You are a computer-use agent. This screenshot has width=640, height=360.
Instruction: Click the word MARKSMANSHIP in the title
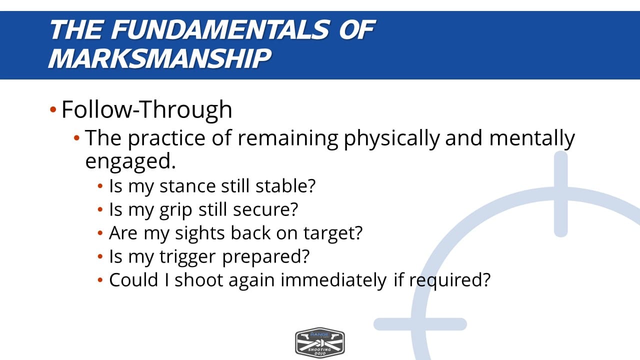coord(159,58)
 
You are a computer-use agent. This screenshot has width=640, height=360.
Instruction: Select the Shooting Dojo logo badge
coord(320,342)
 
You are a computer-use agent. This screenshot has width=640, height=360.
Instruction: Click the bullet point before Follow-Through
coord(53,109)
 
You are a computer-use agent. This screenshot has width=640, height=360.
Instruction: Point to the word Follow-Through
coord(147,109)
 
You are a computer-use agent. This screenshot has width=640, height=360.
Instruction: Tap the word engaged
coord(130,162)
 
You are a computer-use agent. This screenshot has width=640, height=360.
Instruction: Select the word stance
coord(187,186)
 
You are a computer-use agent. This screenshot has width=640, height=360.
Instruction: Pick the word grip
coord(175,210)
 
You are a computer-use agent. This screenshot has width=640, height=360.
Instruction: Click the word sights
coord(199,233)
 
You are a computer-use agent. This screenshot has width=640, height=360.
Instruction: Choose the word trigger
coord(187,257)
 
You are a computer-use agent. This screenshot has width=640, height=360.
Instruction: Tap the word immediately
coord(333,280)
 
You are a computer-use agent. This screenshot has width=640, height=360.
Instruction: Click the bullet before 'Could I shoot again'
coord(100,279)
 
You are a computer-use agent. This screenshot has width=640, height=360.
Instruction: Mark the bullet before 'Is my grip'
coord(100,209)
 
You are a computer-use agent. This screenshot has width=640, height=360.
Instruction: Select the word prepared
coord(265,257)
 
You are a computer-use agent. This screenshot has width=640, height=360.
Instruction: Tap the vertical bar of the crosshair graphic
coord(560,194)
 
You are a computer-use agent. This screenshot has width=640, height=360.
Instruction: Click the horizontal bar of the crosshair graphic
coord(420,324)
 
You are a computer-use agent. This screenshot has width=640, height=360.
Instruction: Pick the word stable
coord(285,186)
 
